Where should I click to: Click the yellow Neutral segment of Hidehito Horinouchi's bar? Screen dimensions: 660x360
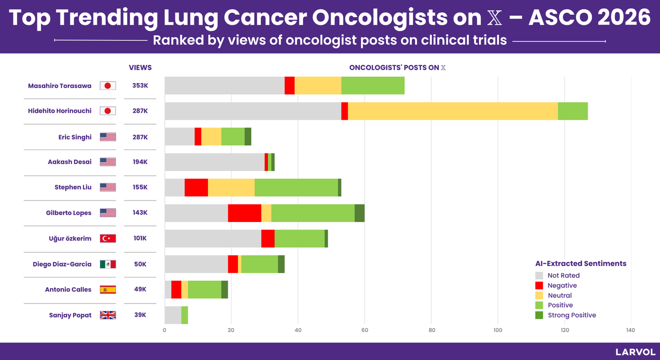click(453, 111)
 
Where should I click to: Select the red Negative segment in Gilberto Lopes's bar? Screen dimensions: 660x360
click(245, 213)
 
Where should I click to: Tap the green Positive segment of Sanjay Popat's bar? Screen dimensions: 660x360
click(185, 315)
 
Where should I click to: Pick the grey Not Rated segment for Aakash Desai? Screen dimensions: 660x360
click(215, 162)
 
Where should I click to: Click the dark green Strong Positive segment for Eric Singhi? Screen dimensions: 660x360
click(248, 137)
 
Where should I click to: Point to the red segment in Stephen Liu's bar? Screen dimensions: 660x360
click(196, 187)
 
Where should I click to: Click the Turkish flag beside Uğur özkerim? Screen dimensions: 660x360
click(108, 239)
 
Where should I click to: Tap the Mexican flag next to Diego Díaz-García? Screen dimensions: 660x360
click(108, 264)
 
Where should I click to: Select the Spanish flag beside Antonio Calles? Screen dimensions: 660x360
click(108, 290)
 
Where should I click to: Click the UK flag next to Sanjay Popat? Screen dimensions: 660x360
click(108, 315)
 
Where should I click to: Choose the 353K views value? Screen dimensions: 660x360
click(140, 86)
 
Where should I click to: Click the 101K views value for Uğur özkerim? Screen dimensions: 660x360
click(140, 238)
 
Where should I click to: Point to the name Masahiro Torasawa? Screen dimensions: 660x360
click(59, 86)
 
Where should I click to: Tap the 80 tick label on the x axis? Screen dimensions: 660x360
click(432, 330)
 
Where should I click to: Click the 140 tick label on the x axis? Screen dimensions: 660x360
click(630, 330)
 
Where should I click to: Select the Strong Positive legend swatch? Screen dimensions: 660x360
click(539, 315)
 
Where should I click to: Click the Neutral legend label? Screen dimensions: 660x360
click(559, 295)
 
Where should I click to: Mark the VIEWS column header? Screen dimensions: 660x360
click(140, 68)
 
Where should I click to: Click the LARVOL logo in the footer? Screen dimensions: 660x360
click(635, 352)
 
